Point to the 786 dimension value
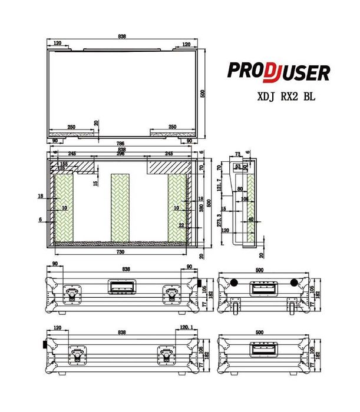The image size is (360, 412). point(121,143)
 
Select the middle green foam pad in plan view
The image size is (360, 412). point(121,207)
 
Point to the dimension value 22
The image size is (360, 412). point(181,225)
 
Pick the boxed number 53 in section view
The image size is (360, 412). point(238,167)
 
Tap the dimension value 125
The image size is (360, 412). point(61,168)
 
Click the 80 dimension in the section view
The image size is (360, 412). point(240,189)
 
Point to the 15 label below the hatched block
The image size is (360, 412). point(95,183)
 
